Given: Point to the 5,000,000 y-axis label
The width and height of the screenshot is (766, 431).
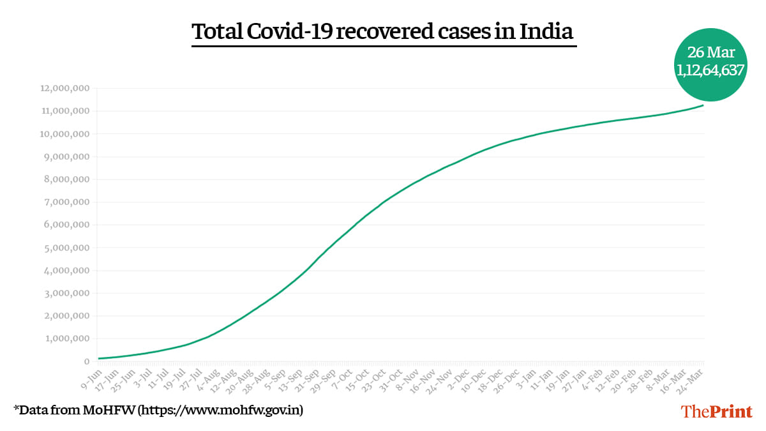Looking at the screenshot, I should [64, 248].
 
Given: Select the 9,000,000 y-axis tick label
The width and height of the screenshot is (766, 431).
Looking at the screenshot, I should [64, 157].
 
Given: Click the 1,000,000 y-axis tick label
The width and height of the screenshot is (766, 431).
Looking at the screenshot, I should [64, 339].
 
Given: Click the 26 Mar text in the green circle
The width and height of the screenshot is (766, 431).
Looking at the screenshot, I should [710, 53].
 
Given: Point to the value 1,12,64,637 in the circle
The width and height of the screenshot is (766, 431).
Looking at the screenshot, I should [710, 70].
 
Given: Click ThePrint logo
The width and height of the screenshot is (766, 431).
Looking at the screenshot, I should [717, 411].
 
